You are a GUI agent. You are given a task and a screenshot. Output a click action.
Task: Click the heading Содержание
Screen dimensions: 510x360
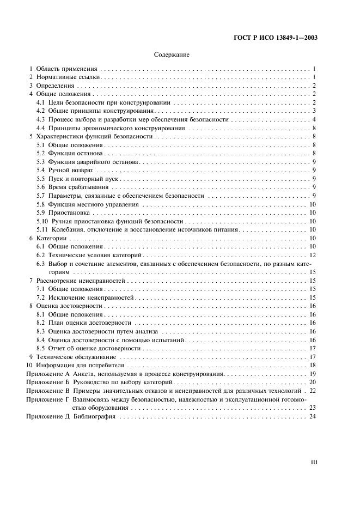(172, 56)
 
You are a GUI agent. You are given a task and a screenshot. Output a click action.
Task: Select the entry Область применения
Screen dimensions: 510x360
(66, 69)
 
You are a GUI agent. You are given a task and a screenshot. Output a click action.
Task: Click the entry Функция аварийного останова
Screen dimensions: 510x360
(94, 162)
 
